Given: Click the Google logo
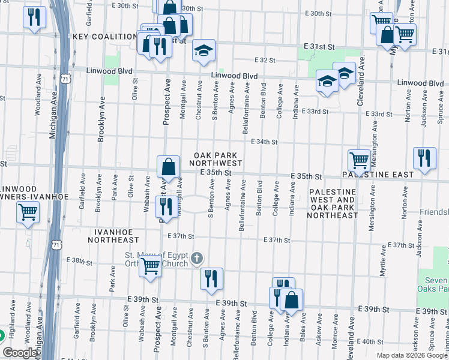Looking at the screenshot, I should click(20, 353).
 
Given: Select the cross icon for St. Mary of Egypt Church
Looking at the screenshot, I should click(197, 259).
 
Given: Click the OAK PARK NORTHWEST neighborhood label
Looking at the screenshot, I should click(217, 159).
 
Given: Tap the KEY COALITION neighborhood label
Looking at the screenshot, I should click(105, 37).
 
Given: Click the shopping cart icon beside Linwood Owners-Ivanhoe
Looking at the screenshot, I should click(28, 212).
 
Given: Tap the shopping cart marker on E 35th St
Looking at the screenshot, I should click(359, 160).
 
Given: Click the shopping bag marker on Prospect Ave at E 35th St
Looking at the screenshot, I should click(169, 166).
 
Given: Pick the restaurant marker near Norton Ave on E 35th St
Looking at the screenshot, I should click(424, 158).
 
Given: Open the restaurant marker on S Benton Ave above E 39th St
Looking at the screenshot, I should click(211, 278).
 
